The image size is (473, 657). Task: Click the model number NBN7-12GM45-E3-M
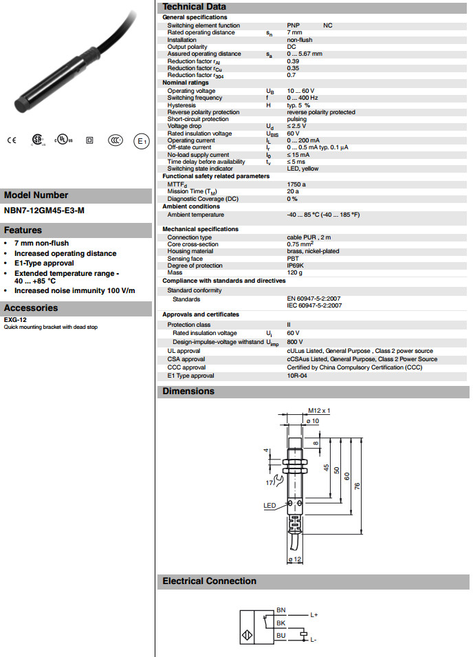[45, 211]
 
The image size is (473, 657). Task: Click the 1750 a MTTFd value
[296, 184]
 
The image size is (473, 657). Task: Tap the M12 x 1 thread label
[319, 411]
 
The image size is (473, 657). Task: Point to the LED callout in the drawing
[269, 505]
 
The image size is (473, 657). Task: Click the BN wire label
[280, 610]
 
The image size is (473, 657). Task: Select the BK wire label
[280, 623]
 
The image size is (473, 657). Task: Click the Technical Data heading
[191, 6]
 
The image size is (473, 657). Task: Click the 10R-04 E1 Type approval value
[296, 376]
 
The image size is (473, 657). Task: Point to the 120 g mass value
[294, 272]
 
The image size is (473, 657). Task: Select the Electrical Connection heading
[209, 581]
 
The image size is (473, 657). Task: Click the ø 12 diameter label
[294, 559]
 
